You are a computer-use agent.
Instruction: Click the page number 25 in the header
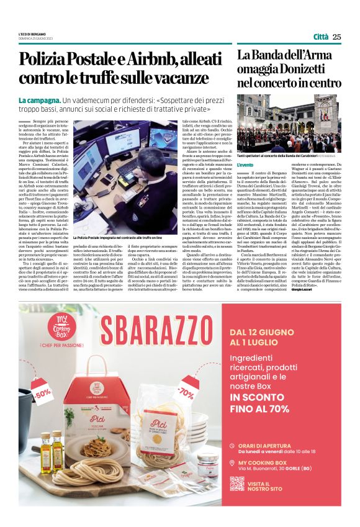(337, 37)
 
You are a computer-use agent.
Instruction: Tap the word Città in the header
(321, 37)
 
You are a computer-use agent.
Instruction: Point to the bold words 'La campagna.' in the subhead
(39, 100)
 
